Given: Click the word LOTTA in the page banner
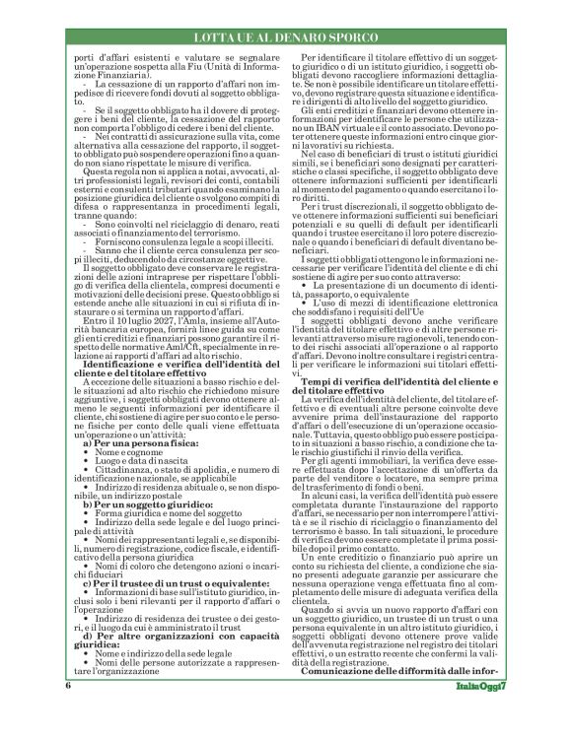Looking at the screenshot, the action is pos(219,36).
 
